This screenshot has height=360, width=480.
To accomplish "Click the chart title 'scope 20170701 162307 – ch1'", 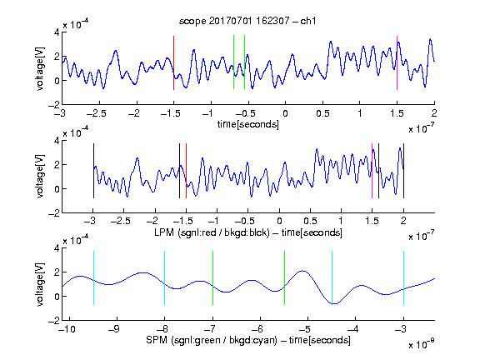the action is click(x=247, y=21).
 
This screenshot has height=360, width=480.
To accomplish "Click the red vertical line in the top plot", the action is click(x=173, y=62).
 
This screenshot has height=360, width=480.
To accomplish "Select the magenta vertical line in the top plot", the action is click(x=397, y=62).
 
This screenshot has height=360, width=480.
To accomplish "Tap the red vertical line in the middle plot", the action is click(x=186, y=171).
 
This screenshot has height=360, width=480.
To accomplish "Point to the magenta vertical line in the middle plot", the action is click(x=372, y=171).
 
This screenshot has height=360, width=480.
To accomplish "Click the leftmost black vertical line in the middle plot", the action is click(x=93, y=171).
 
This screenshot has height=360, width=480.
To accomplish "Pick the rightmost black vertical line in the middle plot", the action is click(x=403, y=171).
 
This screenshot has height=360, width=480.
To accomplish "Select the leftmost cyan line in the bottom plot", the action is click(x=93, y=278).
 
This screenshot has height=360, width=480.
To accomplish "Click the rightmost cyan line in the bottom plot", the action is click(x=403, y=278).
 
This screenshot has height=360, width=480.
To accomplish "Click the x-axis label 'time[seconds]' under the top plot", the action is click(x=248, y=124).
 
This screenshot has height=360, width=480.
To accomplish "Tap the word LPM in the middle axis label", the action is click(x=164, y=232).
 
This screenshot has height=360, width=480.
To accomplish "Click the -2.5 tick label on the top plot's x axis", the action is click(x=97, y=113).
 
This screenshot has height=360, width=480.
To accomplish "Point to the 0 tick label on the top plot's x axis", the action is click(x=285, y=113).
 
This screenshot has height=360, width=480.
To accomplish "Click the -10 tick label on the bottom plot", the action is click(x=67, y=329).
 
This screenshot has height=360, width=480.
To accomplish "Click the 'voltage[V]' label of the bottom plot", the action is click(x=40, y=284).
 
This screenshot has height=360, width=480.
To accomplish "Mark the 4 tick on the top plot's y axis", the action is click(x=57, y=32).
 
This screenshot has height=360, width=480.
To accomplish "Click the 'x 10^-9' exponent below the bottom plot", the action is click(x=421, y=344).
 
